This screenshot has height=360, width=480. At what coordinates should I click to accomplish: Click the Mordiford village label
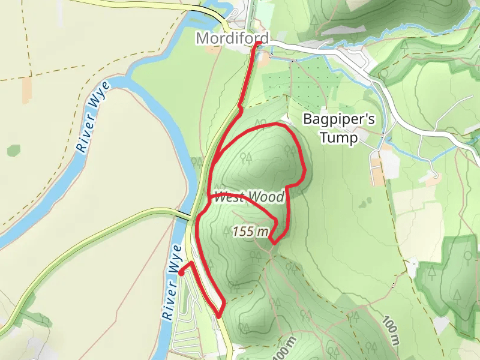232,38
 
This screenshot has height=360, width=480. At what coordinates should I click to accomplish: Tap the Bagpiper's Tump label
339,128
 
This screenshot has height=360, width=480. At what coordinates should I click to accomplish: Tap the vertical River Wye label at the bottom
172,281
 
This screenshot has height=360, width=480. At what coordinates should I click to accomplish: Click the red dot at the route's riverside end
181,272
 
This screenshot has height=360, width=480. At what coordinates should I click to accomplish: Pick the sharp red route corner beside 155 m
273,242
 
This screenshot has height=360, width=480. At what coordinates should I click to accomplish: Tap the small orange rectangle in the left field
28,89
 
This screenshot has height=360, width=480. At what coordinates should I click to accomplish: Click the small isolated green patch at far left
13,150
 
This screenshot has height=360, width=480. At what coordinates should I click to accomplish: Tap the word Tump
339,138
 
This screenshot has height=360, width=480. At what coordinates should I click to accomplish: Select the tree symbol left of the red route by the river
196,163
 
